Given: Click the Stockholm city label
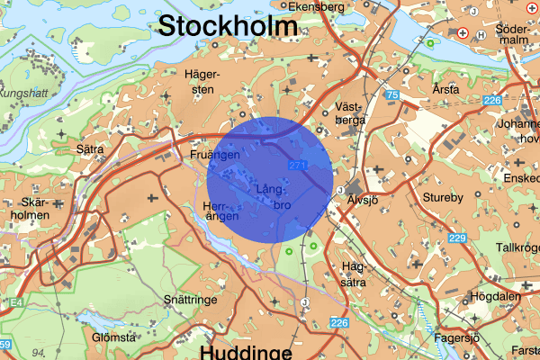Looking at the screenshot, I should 228,26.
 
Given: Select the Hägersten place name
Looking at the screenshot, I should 201,81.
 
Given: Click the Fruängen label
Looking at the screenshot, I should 214,155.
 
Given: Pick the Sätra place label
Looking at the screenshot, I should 90,148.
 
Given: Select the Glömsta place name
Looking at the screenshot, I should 113,338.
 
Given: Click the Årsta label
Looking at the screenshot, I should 445,89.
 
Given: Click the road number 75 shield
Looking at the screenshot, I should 391,94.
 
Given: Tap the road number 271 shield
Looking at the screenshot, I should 299,166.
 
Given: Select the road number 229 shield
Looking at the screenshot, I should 457,237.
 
